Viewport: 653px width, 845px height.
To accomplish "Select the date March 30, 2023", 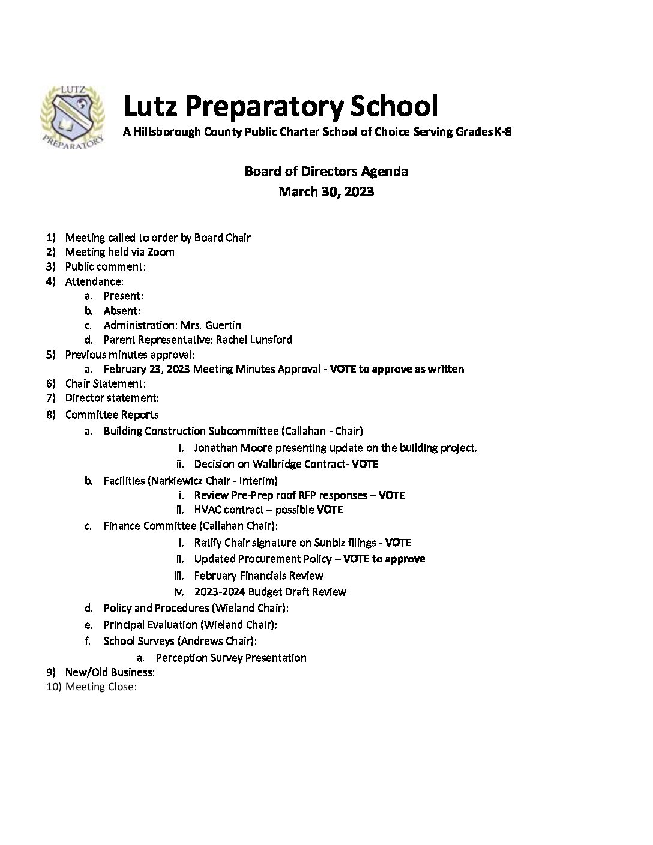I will coord(326,192).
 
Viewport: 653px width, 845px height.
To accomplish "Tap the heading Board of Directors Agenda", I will coord(326,172).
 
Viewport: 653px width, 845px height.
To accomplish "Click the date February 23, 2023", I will coord(147,369).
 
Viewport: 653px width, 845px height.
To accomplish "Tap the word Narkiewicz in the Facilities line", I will coord(179,481).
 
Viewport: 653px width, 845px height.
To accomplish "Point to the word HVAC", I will coord(208,510).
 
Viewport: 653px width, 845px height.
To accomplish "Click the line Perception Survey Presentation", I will coord(231,658).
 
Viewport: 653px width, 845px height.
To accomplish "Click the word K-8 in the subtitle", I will coord(503,132).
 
